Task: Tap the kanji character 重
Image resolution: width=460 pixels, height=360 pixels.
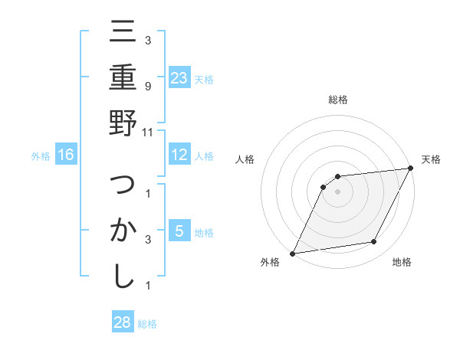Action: pos(123,78)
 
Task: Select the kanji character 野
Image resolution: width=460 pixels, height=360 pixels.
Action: pos(123,126)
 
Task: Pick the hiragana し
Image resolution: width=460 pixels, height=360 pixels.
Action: pos(123,277)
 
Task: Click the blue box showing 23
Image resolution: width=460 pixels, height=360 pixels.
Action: pos(179,77)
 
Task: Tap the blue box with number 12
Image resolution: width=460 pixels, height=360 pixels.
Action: pos(179,155)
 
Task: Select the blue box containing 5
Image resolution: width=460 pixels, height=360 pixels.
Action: pos(179,231)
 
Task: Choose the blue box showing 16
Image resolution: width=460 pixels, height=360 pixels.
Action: pos(66,155)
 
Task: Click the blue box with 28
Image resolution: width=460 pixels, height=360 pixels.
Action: pos(123,322)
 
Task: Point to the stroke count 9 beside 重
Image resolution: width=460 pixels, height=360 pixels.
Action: pos(147,86)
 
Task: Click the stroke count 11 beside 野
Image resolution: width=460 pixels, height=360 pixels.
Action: pos(148,132)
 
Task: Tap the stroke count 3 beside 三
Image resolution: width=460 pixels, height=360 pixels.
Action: pos(147,40)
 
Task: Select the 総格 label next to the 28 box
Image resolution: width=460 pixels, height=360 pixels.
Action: pos(147,324)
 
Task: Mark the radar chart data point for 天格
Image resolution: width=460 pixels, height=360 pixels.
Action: pos(410,168)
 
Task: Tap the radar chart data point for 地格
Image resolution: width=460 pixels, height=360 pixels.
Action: pos(374,242)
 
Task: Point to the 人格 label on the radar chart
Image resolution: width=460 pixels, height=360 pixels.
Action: pos(246,159)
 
